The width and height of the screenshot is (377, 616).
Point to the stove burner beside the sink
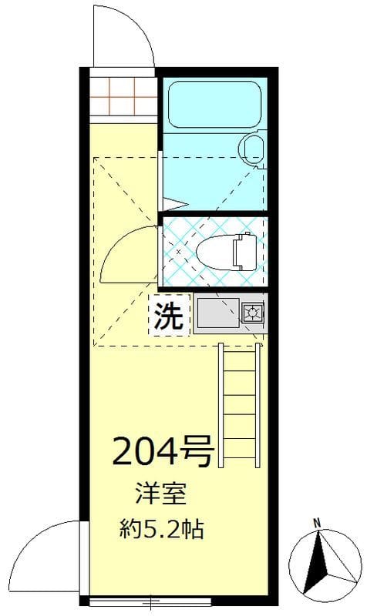(x=251, y=313)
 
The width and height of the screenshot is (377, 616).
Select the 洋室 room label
(x=160, y=493)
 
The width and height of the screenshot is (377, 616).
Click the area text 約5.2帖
(x=161, y=529)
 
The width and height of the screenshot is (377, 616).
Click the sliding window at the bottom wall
(x=154, y=601)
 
